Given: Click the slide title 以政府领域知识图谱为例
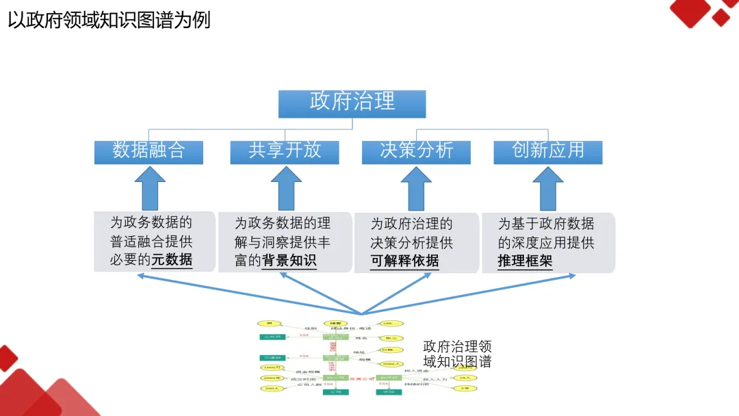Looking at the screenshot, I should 109,20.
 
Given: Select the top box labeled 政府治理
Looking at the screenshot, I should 352,103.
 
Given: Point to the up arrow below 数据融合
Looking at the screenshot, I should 149,188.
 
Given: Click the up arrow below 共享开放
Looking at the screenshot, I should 285,188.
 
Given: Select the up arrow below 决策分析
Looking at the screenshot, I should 416,188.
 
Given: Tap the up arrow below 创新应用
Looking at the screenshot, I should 548,188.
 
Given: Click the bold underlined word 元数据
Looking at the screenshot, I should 172,261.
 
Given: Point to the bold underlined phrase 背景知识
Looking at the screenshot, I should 289,261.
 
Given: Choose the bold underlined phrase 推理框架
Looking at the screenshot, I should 525,261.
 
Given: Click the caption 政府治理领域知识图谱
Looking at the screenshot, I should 457,354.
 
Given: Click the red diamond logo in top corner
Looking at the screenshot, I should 701,13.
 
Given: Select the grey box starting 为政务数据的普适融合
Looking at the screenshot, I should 154,242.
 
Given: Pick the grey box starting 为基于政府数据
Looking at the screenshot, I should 547,242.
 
